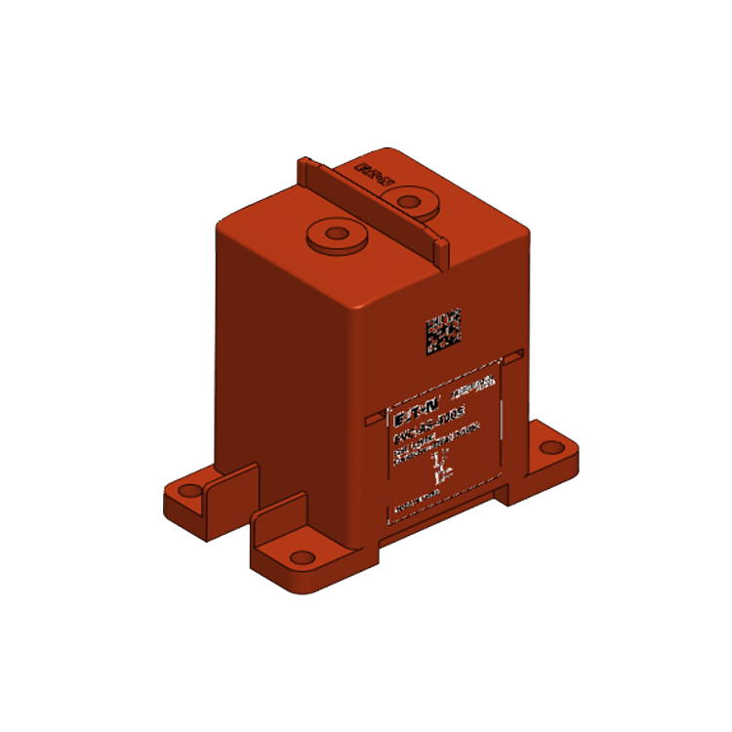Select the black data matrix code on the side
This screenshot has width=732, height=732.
[x=442, y=332]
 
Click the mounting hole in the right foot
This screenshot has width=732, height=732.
[x=552, y=447]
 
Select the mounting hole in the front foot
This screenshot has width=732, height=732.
[x=304, y=557]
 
